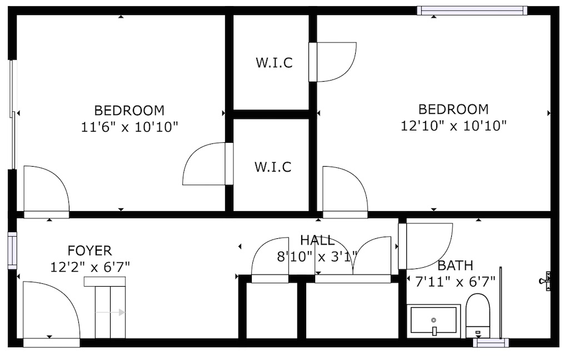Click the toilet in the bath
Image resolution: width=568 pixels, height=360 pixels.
(x=477, y=316)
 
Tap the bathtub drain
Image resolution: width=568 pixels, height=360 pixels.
(x=434, y=320)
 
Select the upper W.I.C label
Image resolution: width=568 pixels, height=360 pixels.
(x=274, y=63)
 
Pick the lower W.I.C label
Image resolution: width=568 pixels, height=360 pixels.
(x=273, y=167)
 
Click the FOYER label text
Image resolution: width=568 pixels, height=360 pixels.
(x=90, y=251)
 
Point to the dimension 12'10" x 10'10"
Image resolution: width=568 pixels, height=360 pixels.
(x=454, y=126)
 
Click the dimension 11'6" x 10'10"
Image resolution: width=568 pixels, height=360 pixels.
(x=129, y=127)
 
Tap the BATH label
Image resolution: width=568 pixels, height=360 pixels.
(x=455, y=266)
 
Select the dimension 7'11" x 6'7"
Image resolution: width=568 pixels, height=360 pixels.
(x=455, y=282)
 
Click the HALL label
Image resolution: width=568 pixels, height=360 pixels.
(x=317, y=240)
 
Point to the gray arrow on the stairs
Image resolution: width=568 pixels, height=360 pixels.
(x=110, y=312)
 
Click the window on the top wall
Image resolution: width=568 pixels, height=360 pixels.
(x=472, y=11)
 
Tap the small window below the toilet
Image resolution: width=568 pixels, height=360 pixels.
(x=491, y=343)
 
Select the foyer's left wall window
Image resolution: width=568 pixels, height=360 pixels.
(x=12, y=250)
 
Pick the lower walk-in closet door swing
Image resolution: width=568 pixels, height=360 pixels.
(x=208, y=164)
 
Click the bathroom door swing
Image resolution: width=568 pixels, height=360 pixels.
(x=425, y=246)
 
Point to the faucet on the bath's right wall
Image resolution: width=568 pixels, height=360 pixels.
(x=546, y=281)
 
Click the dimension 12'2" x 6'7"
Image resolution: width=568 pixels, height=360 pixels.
(x=90, y=267)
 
